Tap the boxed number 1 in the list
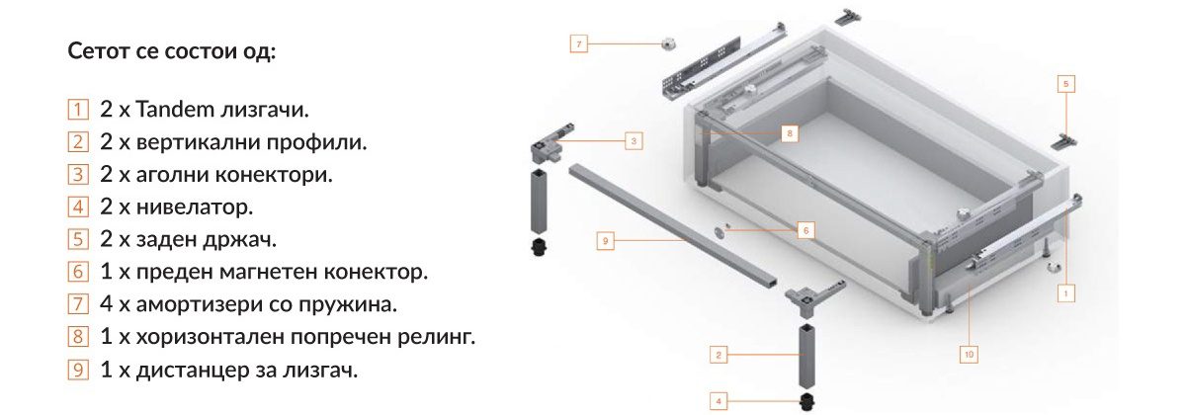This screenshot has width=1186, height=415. (x=78, y=110)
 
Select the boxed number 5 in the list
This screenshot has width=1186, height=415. (x=78, y=239)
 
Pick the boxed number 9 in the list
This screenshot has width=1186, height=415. (x=78, y=369)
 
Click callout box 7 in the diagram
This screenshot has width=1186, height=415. (x=579, y=43)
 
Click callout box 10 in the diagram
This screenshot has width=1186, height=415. (x=969, y=354)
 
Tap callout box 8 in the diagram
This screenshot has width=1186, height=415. (x=790, y=132)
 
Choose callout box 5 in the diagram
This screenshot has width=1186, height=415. (x=1065, y=84)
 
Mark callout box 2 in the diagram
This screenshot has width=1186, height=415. (x=719, y=355)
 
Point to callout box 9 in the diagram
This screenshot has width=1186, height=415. (x=605, y=241)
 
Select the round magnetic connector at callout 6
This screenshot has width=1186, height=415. (x=720, y=232)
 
